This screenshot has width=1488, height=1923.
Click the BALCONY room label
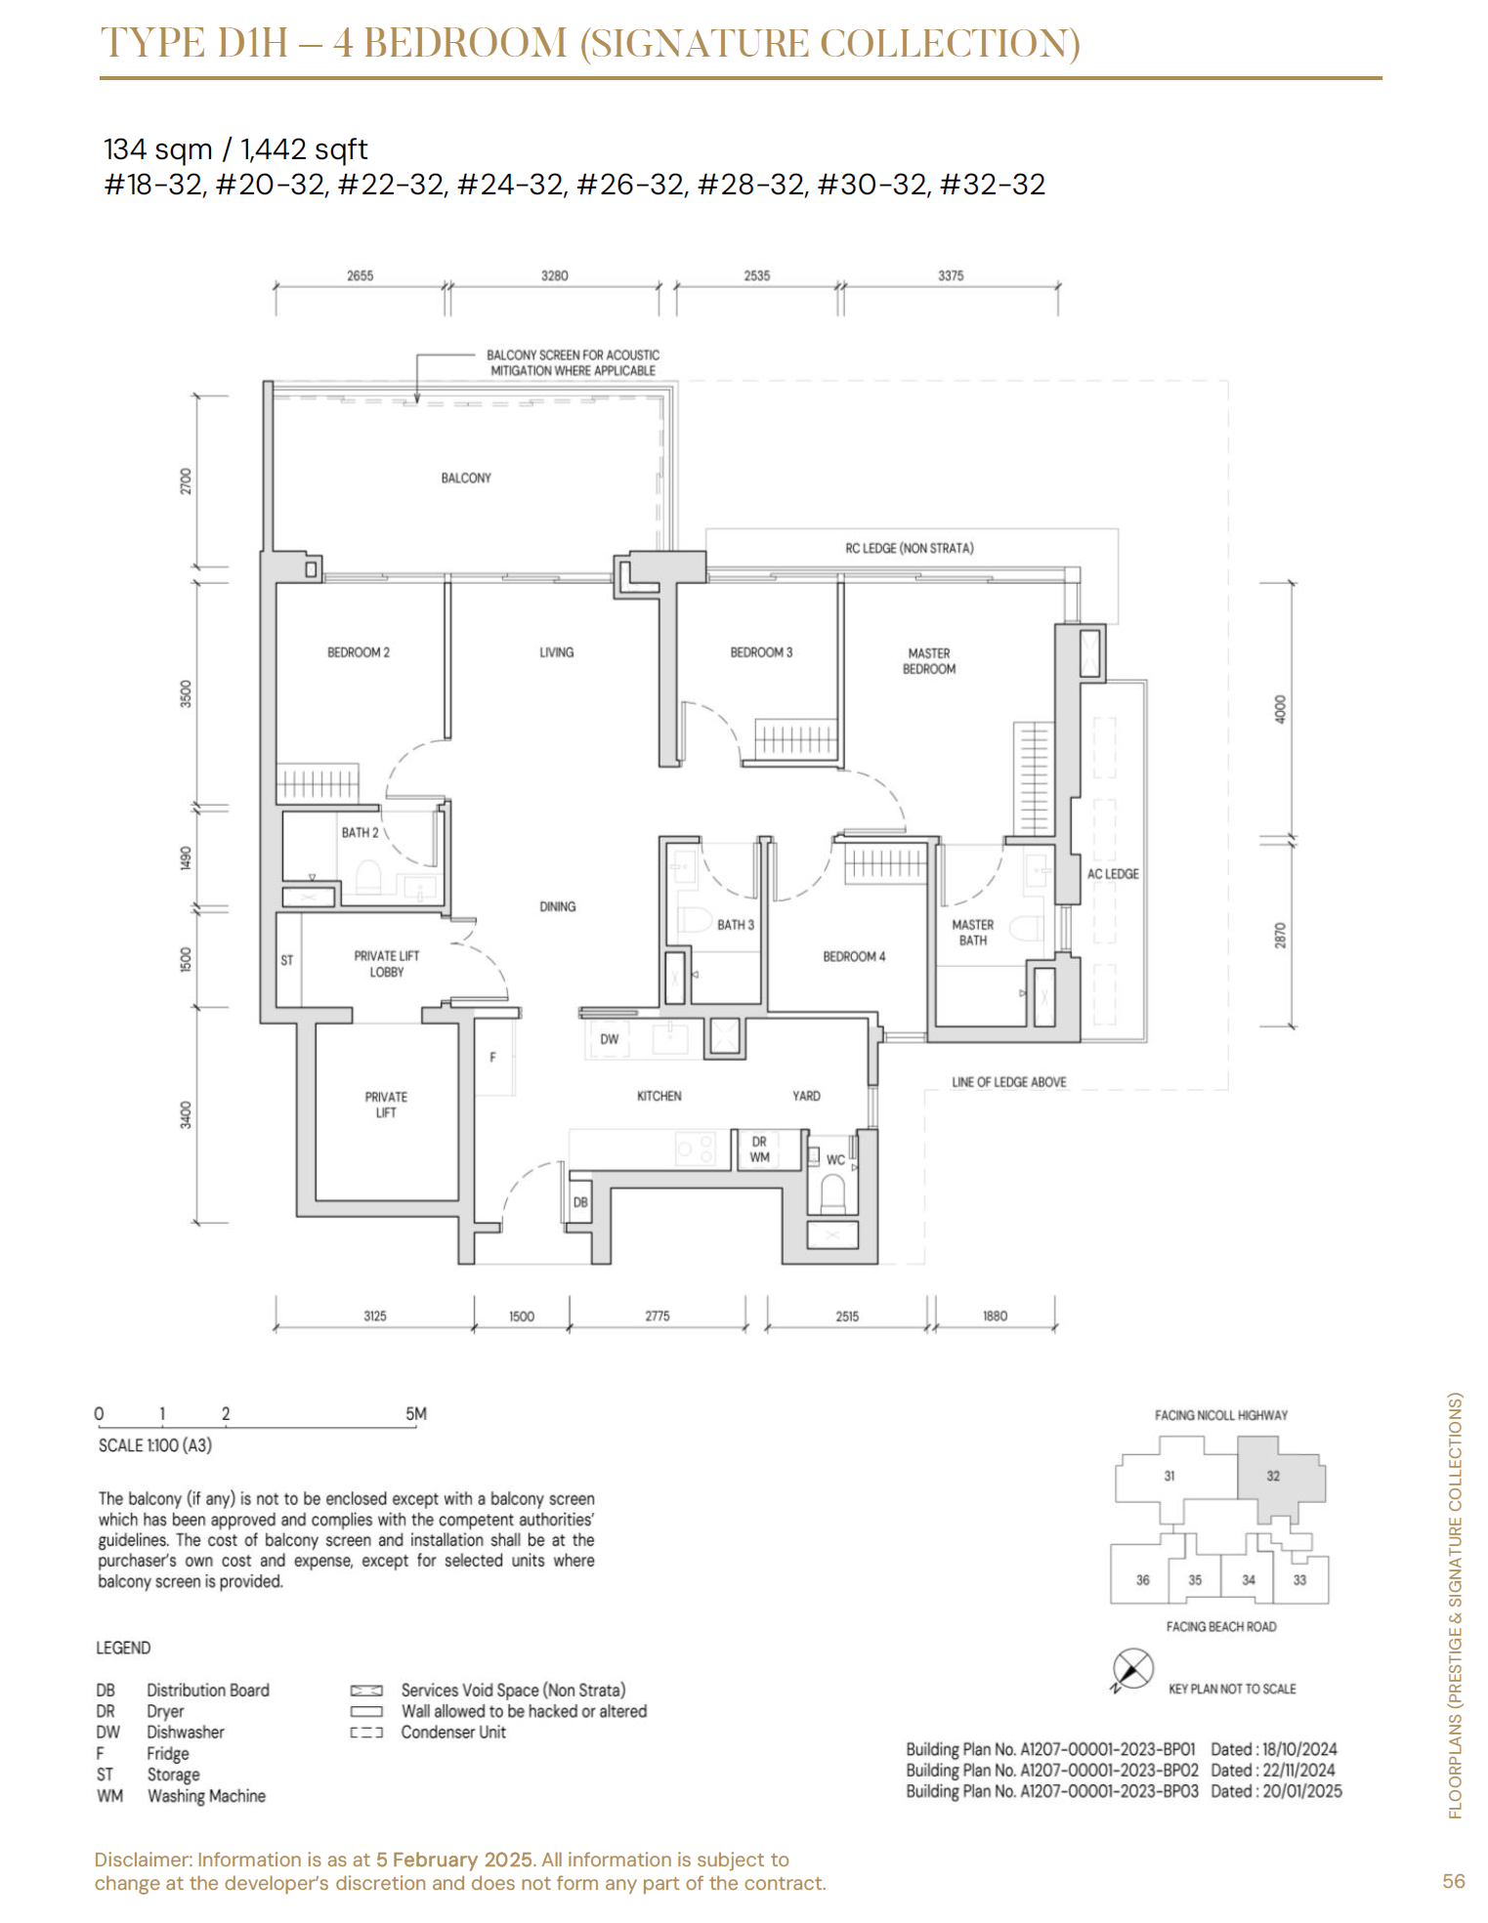tap(466, 478)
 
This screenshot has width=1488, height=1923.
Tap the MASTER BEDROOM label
tap(929, 661)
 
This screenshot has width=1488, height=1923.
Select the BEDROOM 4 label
tap(854, 956)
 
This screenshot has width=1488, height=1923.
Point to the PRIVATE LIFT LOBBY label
tap(387, 964)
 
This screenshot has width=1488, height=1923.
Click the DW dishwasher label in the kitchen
tap(609, 1039)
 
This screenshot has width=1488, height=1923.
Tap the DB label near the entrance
tap(580, 1202)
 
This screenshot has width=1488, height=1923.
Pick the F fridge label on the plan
tap(493, 1057)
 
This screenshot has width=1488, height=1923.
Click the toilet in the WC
tap(832, 1193)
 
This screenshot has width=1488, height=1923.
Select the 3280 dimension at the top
tap(554, 275)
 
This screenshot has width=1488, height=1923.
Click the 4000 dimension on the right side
tap(1281, 709)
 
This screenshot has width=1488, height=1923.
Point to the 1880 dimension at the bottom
tap(995, 1316)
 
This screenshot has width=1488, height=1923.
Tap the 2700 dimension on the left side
tap(187, 481)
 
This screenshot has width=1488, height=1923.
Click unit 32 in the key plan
tap(1273, 1476)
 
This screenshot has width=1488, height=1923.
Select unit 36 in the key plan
tap(1142, 1579)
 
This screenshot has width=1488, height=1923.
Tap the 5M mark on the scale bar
tap(416, 1413)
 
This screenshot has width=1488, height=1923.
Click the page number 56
tap(1454, 1881)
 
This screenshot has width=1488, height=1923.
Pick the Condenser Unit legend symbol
tap(366, 1733)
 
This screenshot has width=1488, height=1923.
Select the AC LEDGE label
tap(1113, 874)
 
